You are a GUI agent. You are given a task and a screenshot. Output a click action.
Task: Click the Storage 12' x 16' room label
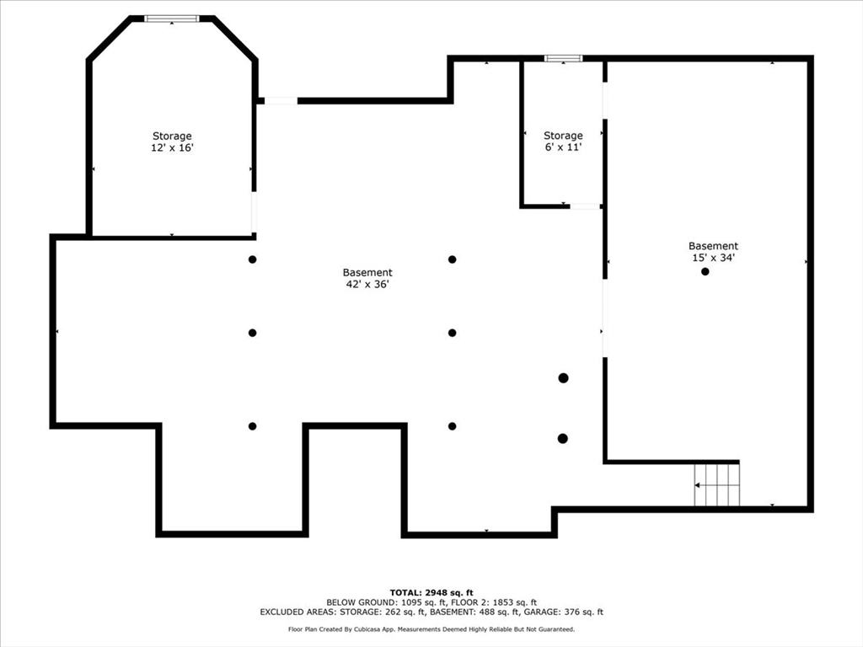click(x=172, y=142)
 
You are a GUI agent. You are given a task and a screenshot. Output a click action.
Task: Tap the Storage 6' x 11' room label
click(x=563, y=141)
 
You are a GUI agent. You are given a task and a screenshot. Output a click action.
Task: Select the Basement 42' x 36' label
click(x=367, y=278)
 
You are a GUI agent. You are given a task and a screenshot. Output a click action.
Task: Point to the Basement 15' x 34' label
click(x=713, y=251)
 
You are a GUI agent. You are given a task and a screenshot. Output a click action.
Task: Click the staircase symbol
click(x=716, y=484)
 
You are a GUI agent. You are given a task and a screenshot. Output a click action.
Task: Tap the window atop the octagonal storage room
click(x=172, y=19)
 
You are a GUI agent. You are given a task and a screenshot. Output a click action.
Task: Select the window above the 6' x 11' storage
click(x=563, y=58)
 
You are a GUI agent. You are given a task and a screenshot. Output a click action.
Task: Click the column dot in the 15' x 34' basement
click(x=705, y=271)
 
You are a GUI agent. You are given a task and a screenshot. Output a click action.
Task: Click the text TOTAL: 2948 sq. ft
click(x=431, y=592)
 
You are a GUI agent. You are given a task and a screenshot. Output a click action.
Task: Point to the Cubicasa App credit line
click(x=431, y=628)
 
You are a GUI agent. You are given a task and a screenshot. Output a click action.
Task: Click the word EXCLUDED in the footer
click(x=281, y=612)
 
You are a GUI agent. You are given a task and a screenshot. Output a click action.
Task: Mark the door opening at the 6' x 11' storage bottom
click(x=585, y=206)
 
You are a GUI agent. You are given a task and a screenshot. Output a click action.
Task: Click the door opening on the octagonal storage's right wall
click(x=254, y=211)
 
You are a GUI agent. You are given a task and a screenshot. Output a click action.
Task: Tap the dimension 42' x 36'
click(x=367, y=284)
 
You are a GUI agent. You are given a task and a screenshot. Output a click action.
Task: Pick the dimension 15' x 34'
click(x=713, y=258)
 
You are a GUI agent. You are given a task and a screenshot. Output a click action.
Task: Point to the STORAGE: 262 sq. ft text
click(x=383, y=612)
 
